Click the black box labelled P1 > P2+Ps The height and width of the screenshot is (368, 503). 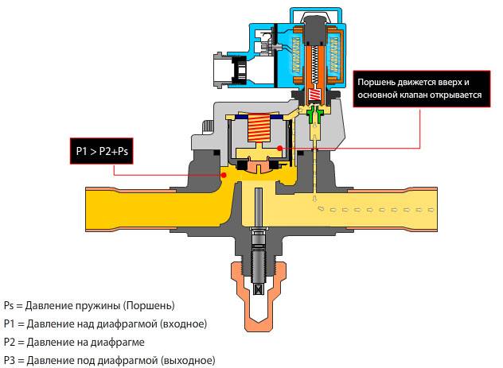(99, 150)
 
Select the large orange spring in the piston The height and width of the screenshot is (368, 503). (255, 127)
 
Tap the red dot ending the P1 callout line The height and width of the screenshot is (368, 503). (225, 174)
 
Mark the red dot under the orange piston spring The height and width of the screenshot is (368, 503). (279, 149)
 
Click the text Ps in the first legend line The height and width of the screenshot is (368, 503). (9, 305)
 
